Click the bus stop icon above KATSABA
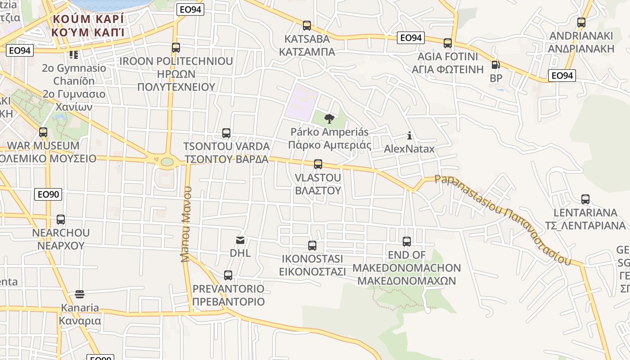(x=307, y=26)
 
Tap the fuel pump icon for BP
(x=496, y=65)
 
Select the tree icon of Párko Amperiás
(x=329, y=119)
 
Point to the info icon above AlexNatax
(x=409, y=135)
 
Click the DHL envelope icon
(x=240, y=240)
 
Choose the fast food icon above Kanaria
(x=80, y=294)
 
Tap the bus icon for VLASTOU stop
(x=318, y=164)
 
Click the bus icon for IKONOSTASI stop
(x=312, y=246)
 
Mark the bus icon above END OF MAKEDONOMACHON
(x=407, y=242)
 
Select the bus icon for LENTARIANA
(x=585, y=199)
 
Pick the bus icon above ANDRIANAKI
(x=581, y=22)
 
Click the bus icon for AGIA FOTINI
(x=448, y=43)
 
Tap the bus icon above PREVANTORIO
(x=228, y=275)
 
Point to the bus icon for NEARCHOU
(x=61, y=220)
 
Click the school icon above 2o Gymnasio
(x=74, y=55)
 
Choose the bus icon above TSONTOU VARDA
(x=226, y=133)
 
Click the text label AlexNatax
(x=409, y=149)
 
